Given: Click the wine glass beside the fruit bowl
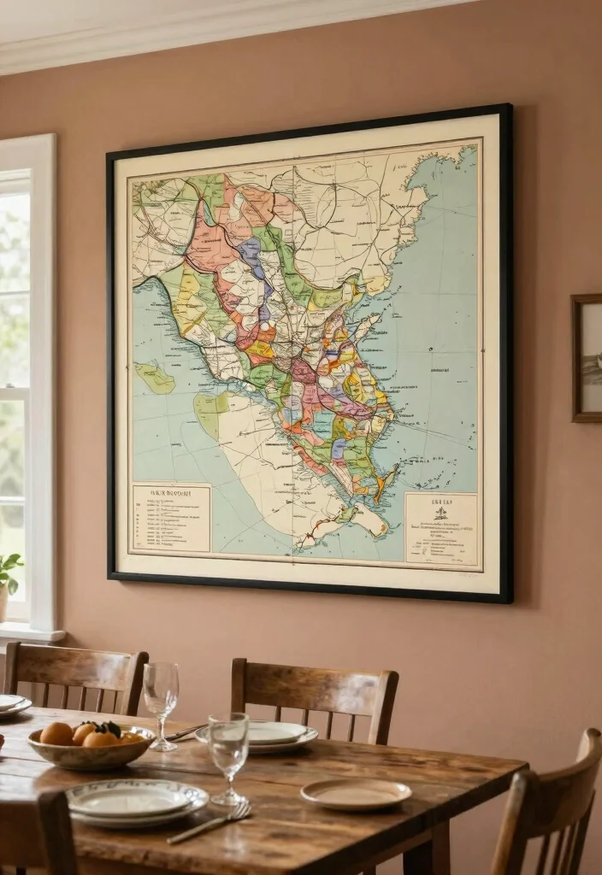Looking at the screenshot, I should [x=161, y=696].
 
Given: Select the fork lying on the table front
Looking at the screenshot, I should [x=210, y=823].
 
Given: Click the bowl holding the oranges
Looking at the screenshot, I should [x=91, y=749].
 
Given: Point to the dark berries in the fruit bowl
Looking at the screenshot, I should [x=109, y=728].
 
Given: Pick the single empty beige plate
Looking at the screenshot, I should [x=356, y=794].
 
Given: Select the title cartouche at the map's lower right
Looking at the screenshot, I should [x=441, y=529].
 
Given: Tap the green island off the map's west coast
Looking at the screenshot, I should [x=155, y=377].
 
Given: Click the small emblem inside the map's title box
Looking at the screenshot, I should [x=441, y=513].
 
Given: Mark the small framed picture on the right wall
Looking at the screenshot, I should [x=587, y=358].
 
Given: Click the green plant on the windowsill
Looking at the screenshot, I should [x=9, y=570].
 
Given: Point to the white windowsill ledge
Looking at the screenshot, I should [x=32, y=633].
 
